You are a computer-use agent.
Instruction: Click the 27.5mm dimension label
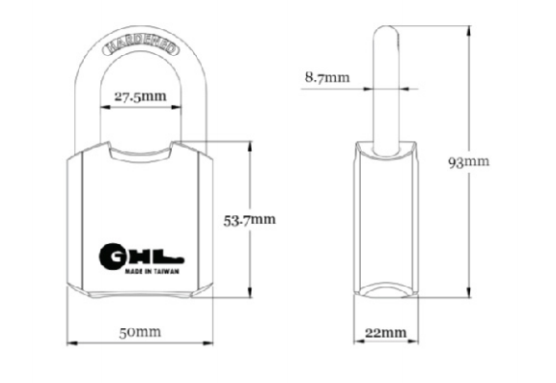(140, 96)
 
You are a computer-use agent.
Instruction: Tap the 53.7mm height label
(249, 220)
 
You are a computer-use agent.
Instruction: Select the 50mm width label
(140, 332)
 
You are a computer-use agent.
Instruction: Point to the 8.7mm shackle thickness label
(327, 77)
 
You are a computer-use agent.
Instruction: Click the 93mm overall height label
(469, 162)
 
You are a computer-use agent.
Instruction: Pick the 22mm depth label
(386, 333)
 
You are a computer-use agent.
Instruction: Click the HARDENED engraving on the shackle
(141, 45)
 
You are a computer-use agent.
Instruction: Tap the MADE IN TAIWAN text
(152, 272)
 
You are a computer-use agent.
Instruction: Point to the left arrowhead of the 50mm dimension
(72, 343)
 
